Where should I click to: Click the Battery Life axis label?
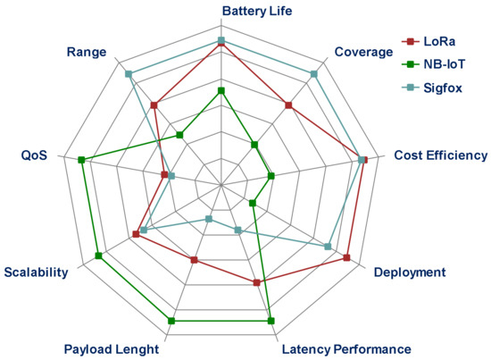coord(221,12)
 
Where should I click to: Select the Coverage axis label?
coord(363,53)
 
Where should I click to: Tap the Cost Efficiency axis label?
coord(441,155)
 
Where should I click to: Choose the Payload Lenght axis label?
coord(112,348)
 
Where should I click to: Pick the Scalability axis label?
coord(36,272)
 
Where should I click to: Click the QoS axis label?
coord(34,155)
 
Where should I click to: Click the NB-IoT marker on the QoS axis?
coord(81,160)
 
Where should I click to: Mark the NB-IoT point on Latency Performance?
coord(270,320)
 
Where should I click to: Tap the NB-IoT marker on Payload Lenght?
coord(171,320)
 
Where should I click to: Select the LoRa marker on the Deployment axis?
coord(345,258)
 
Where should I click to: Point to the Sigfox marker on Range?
coord(129,74)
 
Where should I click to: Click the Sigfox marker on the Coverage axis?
coord(313,74)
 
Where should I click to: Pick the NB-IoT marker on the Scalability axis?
coord(98,256)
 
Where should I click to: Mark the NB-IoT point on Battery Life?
coord(221,91)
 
